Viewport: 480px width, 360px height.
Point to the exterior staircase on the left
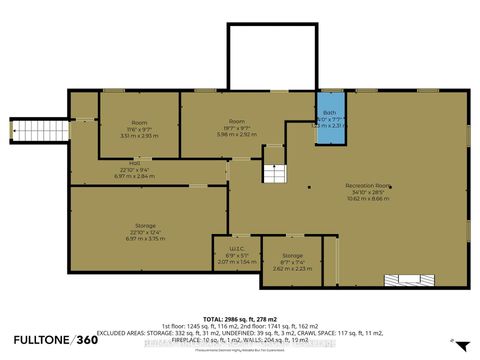(x=41, y=128)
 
